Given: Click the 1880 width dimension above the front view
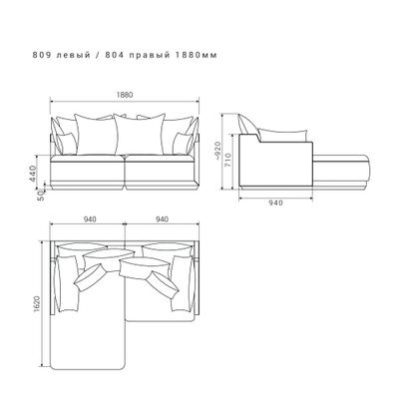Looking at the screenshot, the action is coord(125,95).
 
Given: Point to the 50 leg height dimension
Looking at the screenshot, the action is coord(41,195).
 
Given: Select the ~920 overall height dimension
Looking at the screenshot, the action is coord(217,152).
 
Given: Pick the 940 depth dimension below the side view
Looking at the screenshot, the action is coord(275,202).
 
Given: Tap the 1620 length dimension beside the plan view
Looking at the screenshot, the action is coord(37,304).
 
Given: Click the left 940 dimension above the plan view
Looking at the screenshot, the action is coord(90,219).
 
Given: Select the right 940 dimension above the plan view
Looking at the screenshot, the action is coord(162,219).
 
